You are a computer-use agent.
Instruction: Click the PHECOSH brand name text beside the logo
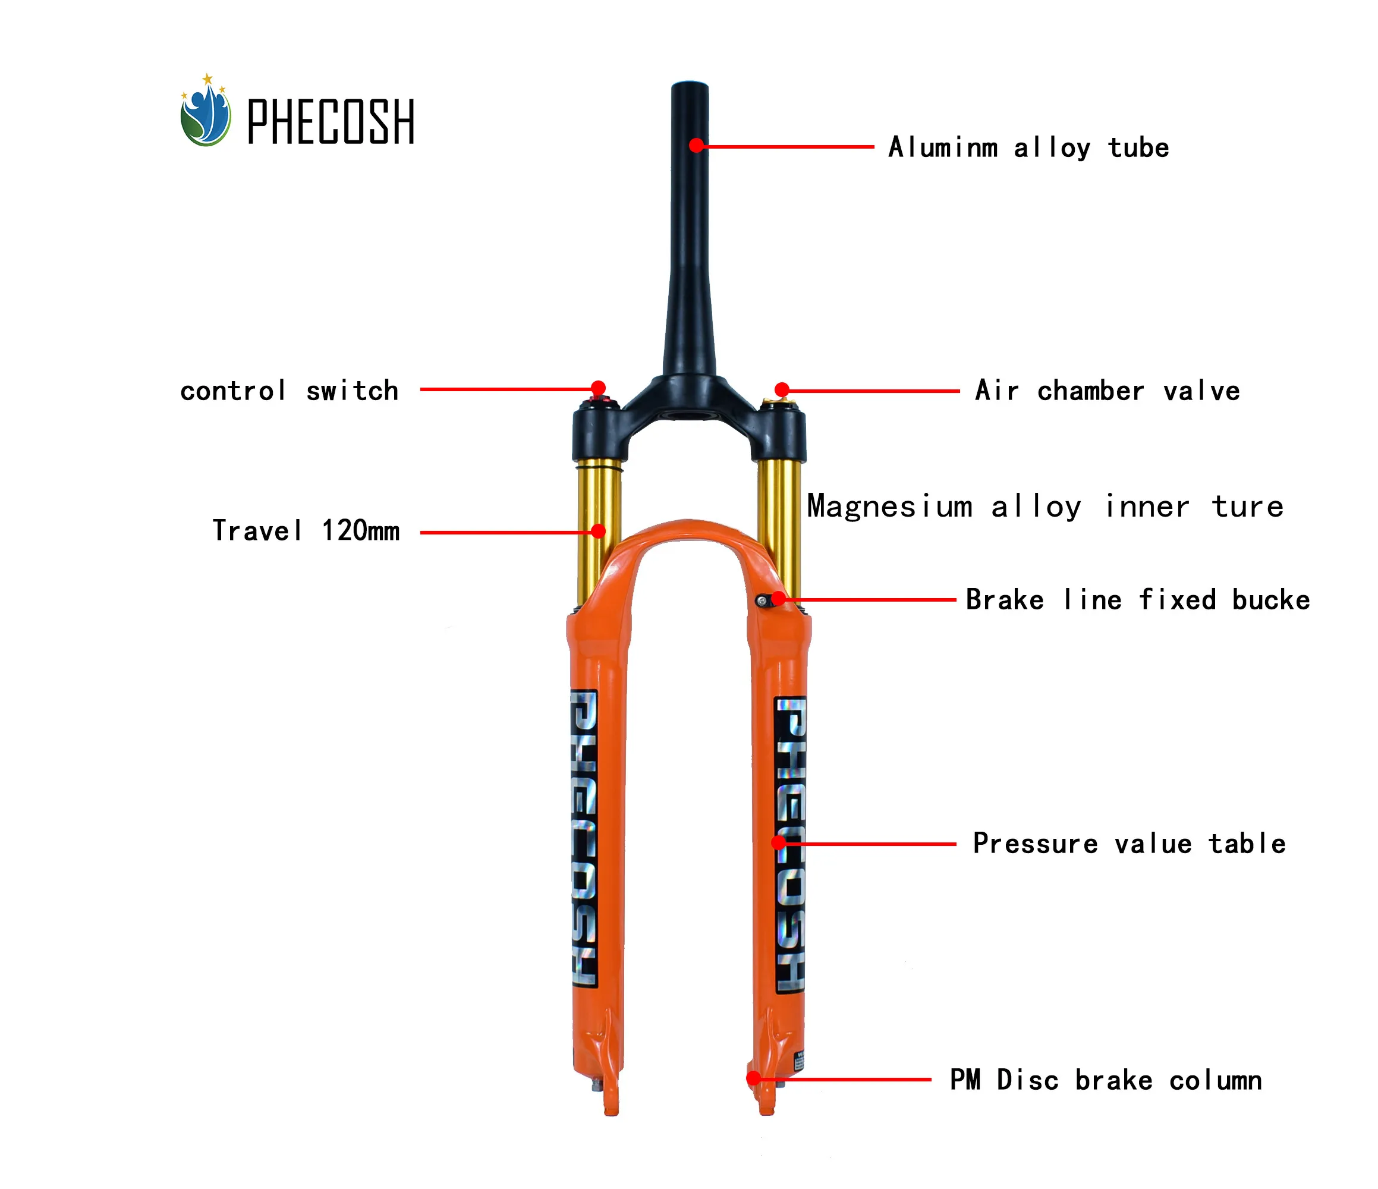click(x=331, y=122)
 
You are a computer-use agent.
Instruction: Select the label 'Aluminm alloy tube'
click(x=1028, y=147)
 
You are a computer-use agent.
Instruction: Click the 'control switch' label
click(x=290, y=391)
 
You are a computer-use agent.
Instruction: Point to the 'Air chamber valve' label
click(x=1108, y=391)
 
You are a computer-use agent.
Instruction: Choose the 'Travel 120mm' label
click(x=306, y=531)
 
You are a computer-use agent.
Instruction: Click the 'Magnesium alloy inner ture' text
click(x=1045, y=507)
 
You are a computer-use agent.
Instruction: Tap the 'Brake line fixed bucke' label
click(x=1137, y=600)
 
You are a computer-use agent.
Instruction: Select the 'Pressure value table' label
click(x=1128, y=844)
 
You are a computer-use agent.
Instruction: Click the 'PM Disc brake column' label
click(x=1105, y=1081)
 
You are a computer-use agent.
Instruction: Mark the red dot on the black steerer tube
click(x=696, y=145)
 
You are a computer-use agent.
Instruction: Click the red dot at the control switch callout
click(x=599, y=388)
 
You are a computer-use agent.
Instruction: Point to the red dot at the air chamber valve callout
click(x=782, y=389)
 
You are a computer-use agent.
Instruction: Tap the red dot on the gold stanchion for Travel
click(x=599, y=531)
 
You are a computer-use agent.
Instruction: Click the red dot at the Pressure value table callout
click(x=778, y=843)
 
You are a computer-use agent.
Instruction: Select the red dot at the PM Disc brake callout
click(x=754, y=1078)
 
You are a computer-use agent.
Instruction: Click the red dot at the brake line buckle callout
click(x=778, y=599)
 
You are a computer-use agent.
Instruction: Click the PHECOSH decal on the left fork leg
click(x=584, y=838)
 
